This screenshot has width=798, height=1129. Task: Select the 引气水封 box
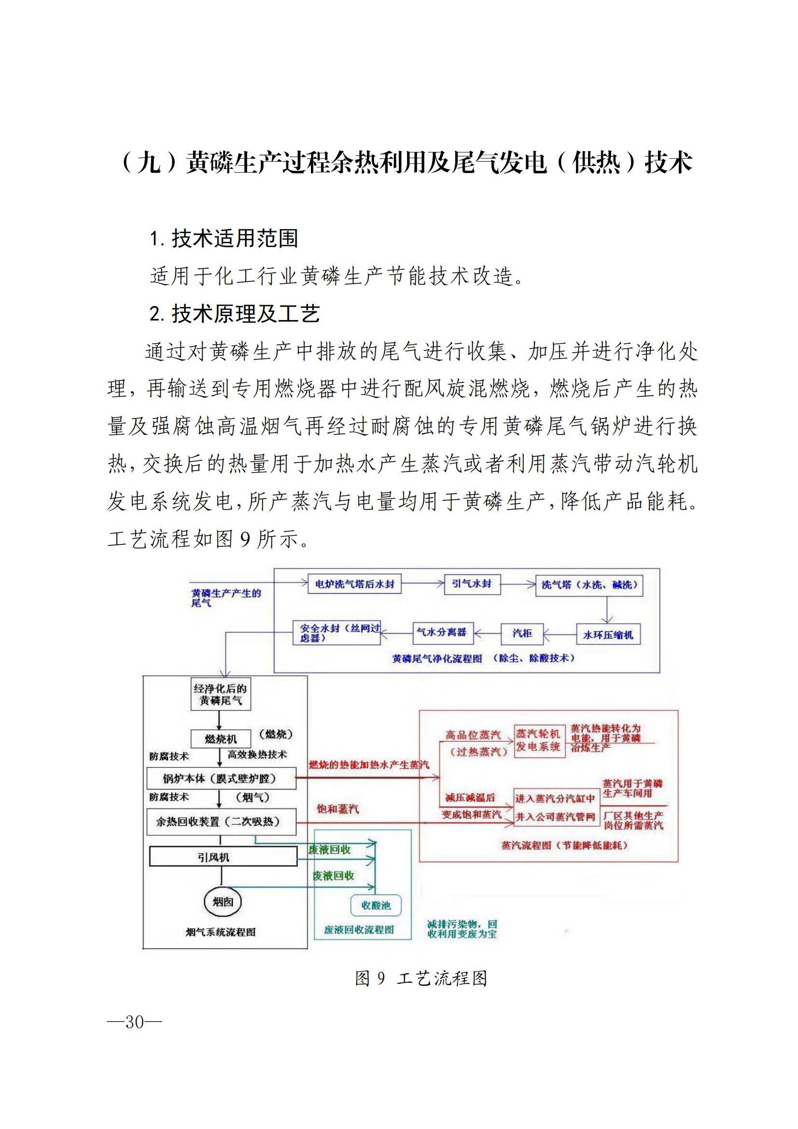tap(472, 584)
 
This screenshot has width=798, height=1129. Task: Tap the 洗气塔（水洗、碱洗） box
tap(589, 585)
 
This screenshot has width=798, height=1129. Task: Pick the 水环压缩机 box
tap(608, 635)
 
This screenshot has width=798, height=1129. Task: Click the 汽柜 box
tap(522, 633)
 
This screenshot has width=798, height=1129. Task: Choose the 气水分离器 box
tap(442, 632)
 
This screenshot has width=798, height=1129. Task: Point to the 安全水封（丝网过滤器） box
tap(337, 633)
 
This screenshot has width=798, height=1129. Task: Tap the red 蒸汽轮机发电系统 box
tap(538, 740)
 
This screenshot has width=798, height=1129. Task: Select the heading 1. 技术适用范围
tap(224, 238)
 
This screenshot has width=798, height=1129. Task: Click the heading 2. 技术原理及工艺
tap(235, 313)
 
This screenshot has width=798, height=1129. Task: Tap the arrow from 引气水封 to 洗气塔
tap(517, 584)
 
